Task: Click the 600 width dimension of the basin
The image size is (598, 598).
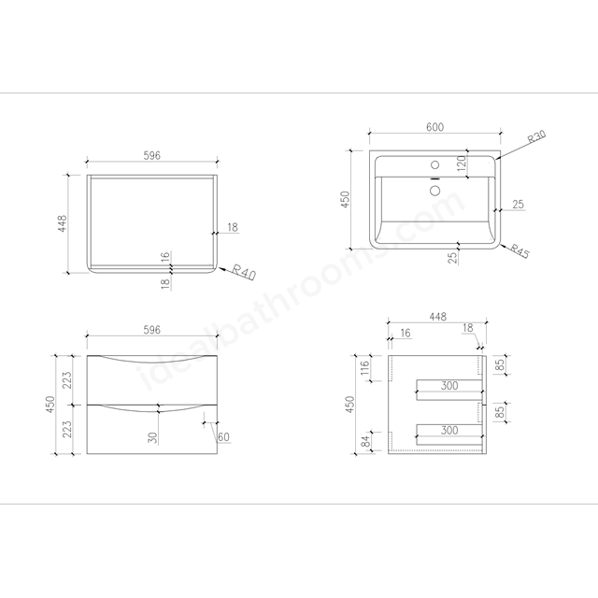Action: [434, 127]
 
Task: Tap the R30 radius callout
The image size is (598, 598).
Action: [537, 136]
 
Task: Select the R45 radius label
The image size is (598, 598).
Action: [520, 251]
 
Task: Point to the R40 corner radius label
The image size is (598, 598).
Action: [244, 272]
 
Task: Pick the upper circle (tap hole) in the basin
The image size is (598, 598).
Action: [434, 165]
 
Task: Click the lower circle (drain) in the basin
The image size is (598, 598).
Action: [434, 191]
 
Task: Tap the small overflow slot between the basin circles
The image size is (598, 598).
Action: [435, 178]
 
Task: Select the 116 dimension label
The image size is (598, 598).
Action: [365, 367]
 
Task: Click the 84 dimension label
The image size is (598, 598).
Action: [365, 441]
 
